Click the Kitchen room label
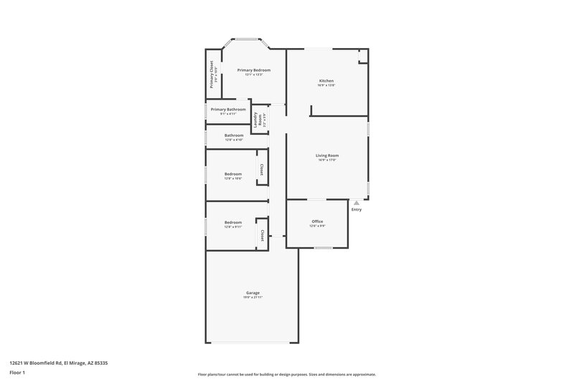326,80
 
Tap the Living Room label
327,155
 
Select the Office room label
317,221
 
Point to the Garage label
253,292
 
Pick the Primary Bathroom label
228,109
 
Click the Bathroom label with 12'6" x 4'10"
234,135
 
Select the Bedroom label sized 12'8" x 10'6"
233,173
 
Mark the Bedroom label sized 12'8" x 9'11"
233,222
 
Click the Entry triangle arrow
357,203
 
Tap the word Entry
357,209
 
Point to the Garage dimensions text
253,297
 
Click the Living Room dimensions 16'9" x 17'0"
327,160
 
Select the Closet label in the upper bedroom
262,170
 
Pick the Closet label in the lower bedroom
262,235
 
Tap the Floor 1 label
18,373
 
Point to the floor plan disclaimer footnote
287,374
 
